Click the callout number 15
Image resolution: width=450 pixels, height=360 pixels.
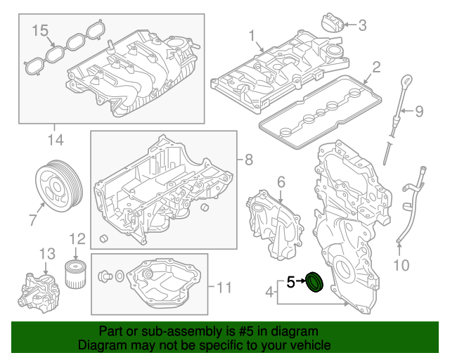point(40,30)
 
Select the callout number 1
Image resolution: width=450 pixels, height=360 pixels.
point(251,35)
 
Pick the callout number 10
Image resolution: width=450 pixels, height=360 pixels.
point(400,265)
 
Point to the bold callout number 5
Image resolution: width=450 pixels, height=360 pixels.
point(290,282)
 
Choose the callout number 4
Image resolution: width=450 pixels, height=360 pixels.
point(269,291)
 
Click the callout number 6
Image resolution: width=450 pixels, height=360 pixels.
point(281,182)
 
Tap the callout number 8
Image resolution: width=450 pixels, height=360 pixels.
point(248,160)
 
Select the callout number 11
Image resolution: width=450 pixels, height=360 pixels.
point(223,288)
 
